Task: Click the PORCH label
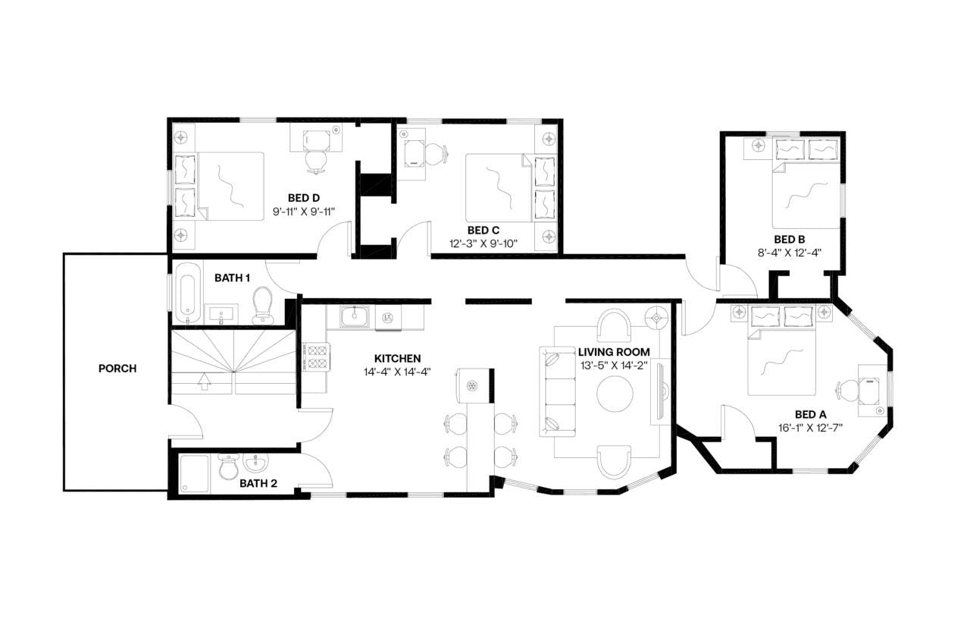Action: pyautogui.click(x=117, y=369)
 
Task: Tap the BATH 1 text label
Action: pyautogui.click(x=232, y=278)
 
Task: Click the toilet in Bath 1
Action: pyautogui.click(x=262, y=304)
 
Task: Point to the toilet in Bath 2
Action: pyautogui.click(x=228, y=469)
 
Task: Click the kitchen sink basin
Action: pyautogui.click(x=352, y=317)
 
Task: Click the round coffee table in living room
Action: pyautogui.click(x=615, y=393)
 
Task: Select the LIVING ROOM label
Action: pyautogui.click(x=614, y=352)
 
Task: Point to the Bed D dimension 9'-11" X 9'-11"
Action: pyautogui.click(x=303, y=212)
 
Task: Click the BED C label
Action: pyautogui.click(x=483, y=230)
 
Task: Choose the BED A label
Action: pyautogui.click(x=810, y=414)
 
